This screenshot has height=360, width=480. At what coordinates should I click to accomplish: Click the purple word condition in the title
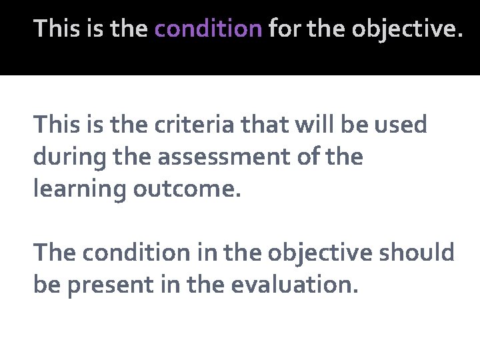coord(208,28)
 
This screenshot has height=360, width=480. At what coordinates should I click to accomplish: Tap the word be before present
coord(45,285)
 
